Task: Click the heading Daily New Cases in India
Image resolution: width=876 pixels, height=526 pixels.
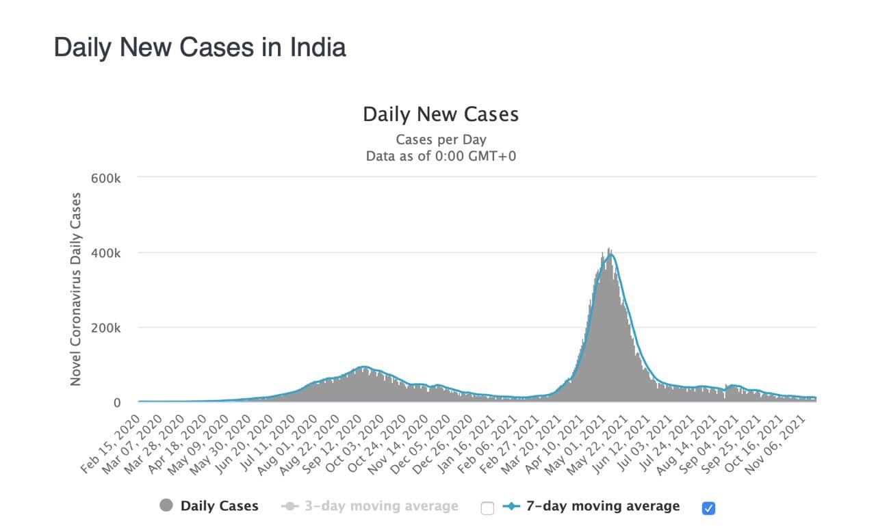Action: point(200,47)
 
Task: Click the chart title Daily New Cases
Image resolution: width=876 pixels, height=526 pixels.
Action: point(441,114)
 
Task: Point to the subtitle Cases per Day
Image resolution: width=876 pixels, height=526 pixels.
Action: point(441,140)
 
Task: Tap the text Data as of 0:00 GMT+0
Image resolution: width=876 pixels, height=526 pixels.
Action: point(441,155)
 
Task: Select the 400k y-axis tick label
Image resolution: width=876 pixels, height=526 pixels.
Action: point(105,253)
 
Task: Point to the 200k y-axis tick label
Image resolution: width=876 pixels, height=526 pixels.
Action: point(105,328)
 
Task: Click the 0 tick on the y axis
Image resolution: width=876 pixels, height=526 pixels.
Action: point(116,402)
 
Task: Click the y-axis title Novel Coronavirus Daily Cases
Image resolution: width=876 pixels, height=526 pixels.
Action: point(76,289)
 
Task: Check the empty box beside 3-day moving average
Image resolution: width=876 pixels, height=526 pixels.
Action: point(487,508)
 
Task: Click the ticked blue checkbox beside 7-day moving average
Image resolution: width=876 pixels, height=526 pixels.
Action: point(708,508)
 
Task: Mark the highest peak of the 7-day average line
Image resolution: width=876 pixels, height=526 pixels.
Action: point(610,254)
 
